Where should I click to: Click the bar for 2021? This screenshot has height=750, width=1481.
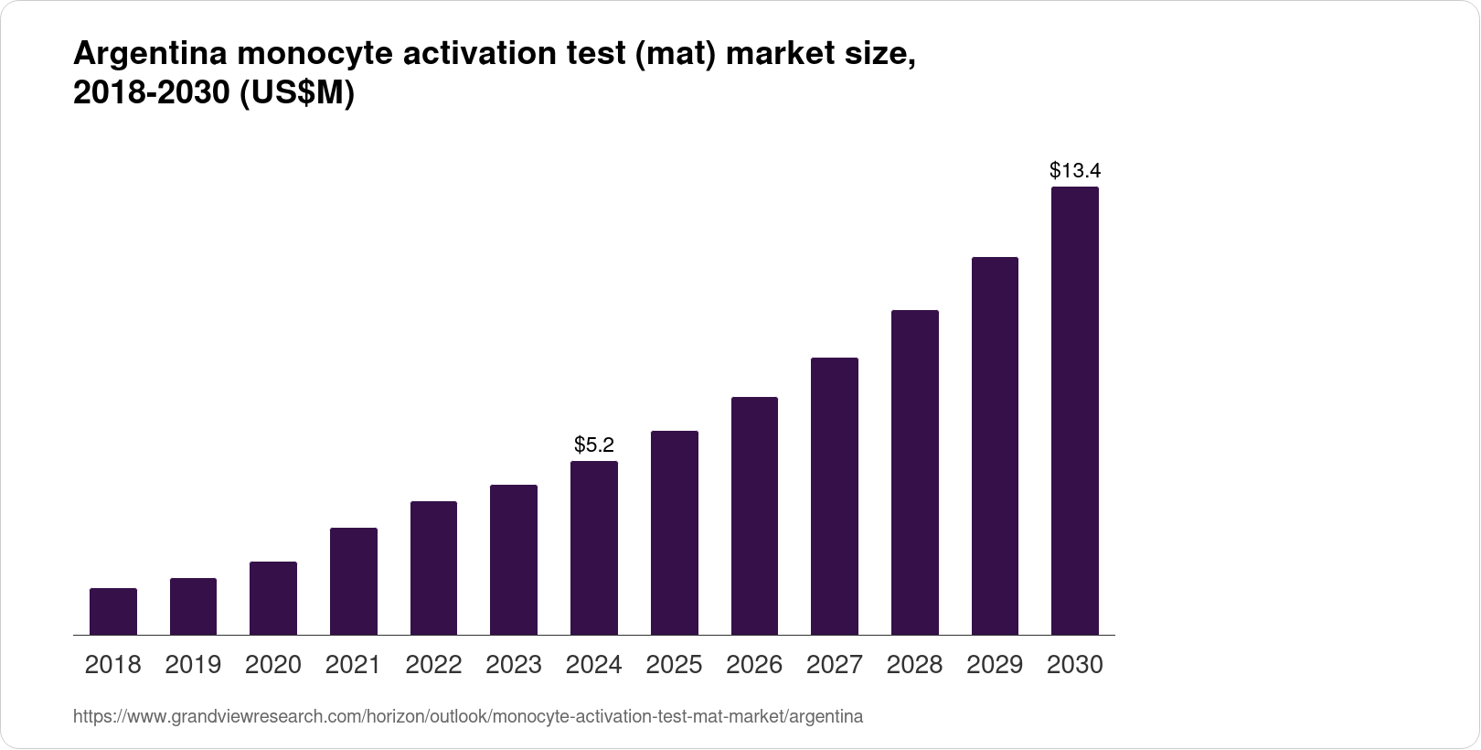[354, 581]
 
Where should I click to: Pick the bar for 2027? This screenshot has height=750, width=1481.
[834, 496]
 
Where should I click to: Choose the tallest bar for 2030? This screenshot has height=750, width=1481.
[1075, 411]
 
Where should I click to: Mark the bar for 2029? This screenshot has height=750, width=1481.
[995, 445]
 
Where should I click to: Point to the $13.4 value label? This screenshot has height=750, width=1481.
[1075, 170]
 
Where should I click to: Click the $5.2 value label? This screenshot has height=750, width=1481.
[594, 445]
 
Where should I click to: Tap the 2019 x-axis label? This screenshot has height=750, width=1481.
[193, 665]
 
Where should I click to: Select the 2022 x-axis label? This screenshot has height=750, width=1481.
[433, 665]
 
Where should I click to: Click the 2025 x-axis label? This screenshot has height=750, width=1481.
[674, 665]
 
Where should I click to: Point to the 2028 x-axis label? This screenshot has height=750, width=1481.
[914, 665]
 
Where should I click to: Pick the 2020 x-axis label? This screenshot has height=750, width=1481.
[273, 665]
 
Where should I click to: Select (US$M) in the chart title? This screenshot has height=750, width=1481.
[296, 94]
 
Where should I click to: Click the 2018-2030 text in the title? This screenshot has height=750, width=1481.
[152, 94]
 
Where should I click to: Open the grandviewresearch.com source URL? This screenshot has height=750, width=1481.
[467, 716]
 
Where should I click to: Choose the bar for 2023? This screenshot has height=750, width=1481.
[514, 559]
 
